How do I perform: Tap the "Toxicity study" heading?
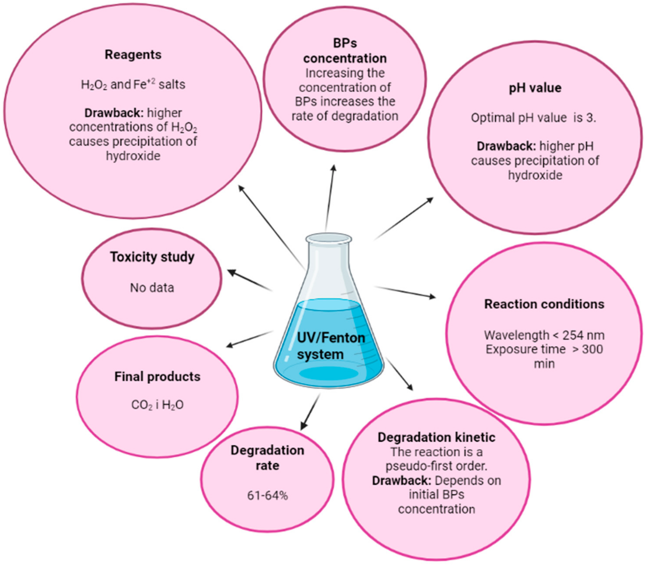[x=152, y=257]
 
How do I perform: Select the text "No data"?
[x=152, y=288]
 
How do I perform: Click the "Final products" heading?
[x=157, y=376]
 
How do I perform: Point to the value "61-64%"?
[x=267, y=495]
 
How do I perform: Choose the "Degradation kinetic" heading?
[x=436, y=437]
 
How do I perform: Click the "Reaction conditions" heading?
[x=544, y=304]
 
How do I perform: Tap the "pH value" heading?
[x=535, y=88]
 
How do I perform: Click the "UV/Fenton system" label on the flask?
[x=330, y=346]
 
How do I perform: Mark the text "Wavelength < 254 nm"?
[x=544, y=335]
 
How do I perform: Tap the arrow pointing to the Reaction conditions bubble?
[x=405, y=292]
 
